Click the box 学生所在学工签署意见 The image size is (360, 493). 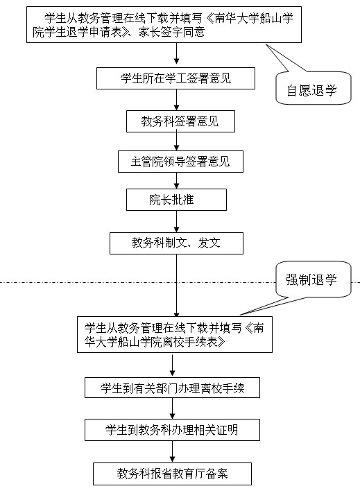coord(175,78)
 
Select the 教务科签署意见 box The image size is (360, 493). coord(180,121)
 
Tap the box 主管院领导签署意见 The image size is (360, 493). coord(180,162)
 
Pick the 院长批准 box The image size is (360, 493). coord(176,200)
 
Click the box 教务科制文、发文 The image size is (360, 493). coord(176,243)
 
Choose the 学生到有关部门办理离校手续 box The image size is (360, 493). coord(172,388)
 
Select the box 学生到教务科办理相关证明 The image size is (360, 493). coord(172,430)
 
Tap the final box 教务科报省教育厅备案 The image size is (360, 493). coord(172,474)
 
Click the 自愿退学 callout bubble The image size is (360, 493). coord(313,88)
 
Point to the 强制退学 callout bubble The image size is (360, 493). coord(313,279)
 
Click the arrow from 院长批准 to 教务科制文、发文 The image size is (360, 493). coord(176,221)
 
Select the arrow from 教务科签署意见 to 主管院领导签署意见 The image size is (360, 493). coord(176,141)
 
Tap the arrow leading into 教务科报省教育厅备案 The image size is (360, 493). coord(172,451)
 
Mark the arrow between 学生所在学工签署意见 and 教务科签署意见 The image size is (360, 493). coord(176,100)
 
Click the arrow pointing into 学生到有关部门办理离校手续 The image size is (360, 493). coord(172,365)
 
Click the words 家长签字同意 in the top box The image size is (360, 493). coord(172,32)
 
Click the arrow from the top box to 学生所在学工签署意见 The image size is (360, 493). coord(176,55)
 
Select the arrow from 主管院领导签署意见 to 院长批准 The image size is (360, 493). coord(176,180)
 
